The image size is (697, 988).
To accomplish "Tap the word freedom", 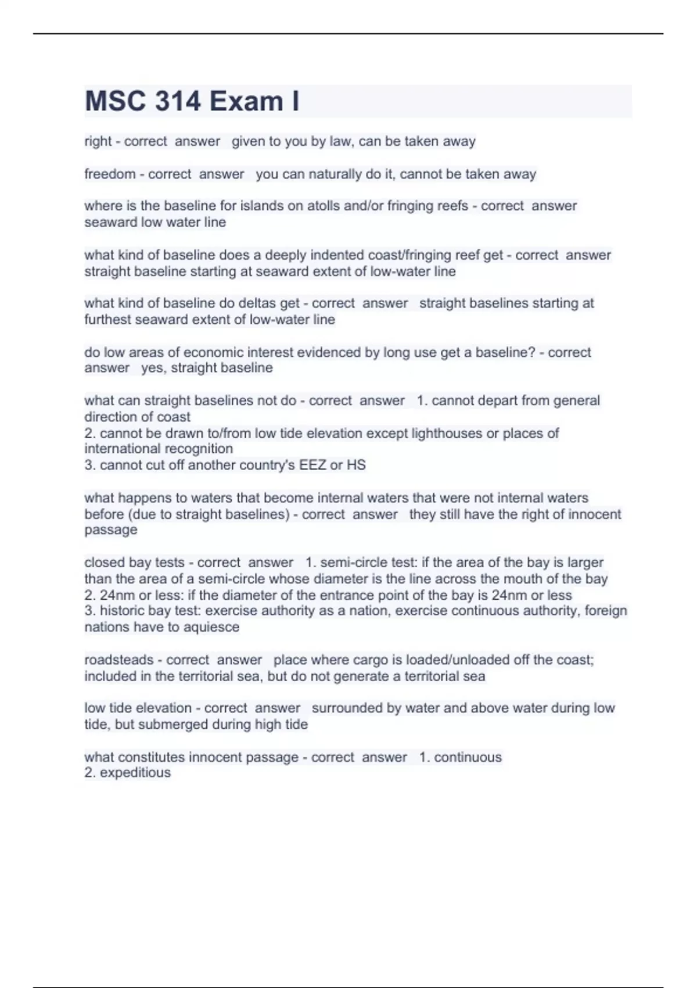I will pyautogui.click(x=110, y=174).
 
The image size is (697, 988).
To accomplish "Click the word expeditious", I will pyautogui.click(x=135, y=772).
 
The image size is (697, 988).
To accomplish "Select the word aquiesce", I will pyautogui.click(x=211, y=627).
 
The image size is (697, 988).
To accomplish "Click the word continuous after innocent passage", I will pyautogui.click(x=468, y=757).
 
